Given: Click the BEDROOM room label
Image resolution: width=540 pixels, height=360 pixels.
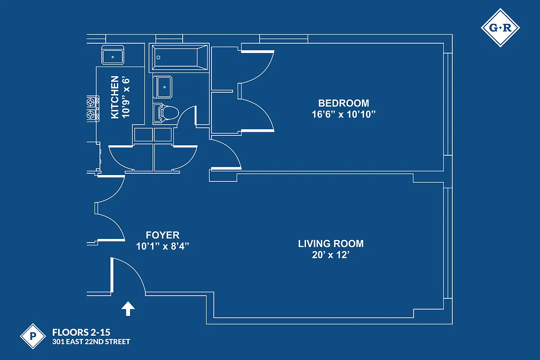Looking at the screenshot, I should [343, 103].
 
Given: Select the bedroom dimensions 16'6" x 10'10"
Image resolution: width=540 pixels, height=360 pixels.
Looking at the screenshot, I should [343, 114].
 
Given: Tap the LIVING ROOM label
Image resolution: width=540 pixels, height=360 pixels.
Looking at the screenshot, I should [331, 244].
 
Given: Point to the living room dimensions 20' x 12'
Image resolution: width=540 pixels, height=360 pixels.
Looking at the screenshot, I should [331, 255].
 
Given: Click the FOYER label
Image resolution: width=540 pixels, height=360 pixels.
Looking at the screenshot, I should [162, 235].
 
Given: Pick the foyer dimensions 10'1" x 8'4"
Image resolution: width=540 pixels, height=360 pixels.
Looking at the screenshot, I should [162, 246].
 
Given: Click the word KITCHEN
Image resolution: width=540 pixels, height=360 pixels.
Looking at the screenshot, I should [115, 97].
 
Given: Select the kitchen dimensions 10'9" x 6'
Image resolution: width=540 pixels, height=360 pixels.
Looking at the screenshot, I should [126, 97].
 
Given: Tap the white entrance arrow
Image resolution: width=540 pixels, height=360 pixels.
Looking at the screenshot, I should [128, 308].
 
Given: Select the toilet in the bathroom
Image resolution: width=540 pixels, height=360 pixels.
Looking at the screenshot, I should [166, 113].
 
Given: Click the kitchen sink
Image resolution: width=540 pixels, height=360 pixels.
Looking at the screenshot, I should [113, 56].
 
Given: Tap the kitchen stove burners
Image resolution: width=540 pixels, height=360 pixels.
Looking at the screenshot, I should [93, 108].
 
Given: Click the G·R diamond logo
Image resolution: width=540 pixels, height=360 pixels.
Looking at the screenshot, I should [500, 28].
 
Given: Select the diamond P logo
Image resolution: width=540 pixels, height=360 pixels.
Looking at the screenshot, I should [33, 336].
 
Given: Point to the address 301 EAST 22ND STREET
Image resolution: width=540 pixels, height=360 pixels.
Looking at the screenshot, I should [91, 342].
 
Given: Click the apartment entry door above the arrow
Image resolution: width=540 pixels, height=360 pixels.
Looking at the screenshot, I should [112, 276].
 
